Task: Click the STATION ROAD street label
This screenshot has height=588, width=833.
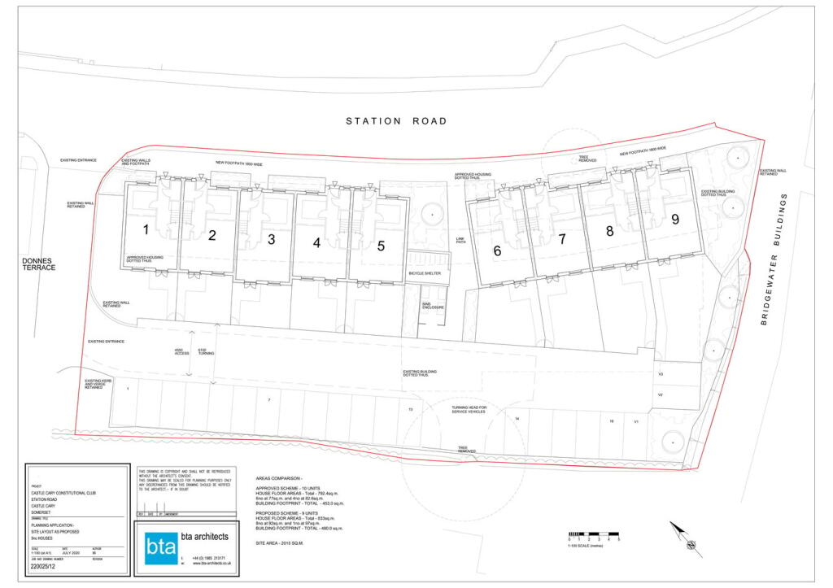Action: click(396, 121)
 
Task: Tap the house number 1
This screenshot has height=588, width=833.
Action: click(146, 230)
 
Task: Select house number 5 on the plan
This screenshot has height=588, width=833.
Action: click(381, 246)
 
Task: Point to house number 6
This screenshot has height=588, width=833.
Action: click(497, 251)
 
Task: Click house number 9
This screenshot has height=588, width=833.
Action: click(675, 219)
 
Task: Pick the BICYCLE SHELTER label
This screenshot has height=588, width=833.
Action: click(425, 273)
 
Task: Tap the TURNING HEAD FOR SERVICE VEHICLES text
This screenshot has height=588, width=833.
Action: click(469, 409)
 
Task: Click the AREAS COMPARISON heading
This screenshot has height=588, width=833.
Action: click(279, 479)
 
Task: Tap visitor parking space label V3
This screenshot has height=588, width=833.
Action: click(661, 374)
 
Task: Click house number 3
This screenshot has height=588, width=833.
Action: click(271, 239)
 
